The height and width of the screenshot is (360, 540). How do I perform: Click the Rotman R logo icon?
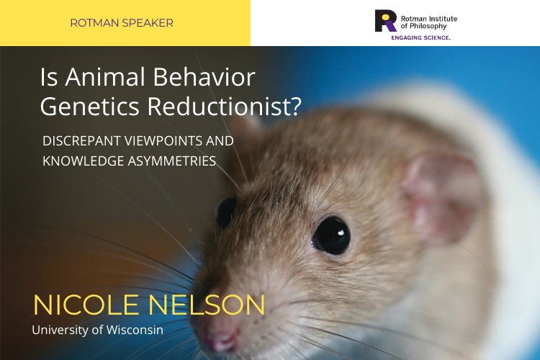385,21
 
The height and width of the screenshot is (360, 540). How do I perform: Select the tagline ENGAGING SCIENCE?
421,37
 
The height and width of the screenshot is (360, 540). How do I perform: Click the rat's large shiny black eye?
331,235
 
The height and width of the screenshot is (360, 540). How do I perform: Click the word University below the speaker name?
60,330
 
